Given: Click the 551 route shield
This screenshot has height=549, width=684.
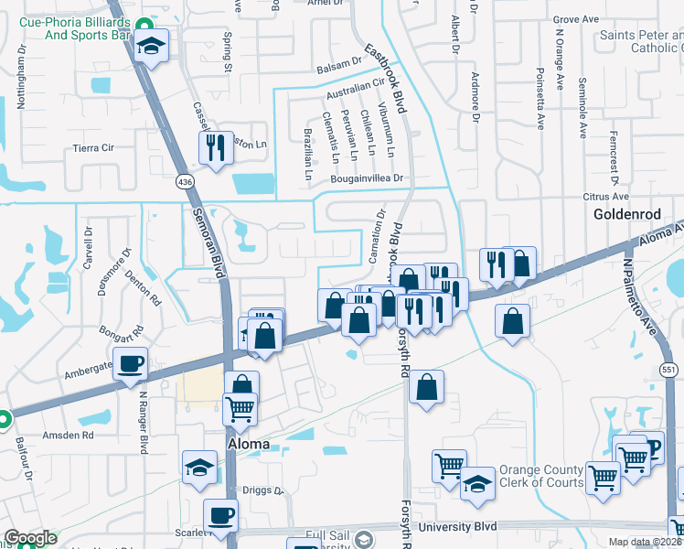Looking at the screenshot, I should click(668, 365).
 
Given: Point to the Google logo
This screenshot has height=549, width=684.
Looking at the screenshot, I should click(30, 539).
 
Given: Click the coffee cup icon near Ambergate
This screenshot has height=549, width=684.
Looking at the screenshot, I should click(130, 363).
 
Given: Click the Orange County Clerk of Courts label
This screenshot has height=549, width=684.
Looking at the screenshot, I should click(541, 477).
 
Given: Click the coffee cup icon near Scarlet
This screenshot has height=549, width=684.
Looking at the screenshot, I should click(220, 515).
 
